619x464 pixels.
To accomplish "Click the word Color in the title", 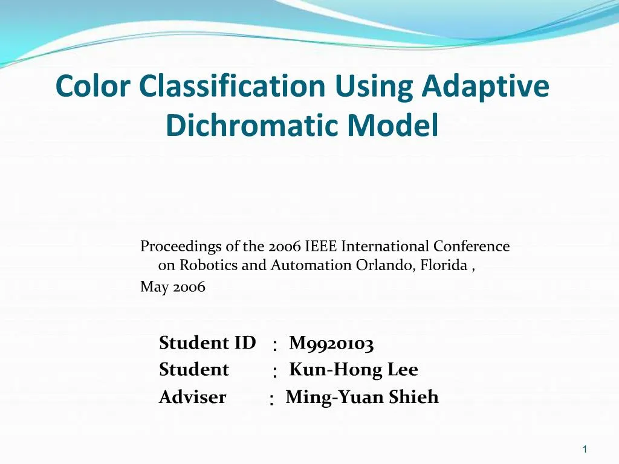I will [92, 86].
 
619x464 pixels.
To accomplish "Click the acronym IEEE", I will [321, 246].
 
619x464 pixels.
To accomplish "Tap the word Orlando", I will [382, 265].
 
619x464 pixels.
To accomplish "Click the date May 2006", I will [173, 287].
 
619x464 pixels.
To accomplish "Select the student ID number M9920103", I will [331, 344].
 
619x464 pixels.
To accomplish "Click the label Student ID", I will [207, 343].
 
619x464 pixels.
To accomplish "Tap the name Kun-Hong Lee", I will [354, 369].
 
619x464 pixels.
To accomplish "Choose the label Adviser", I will [192, 397].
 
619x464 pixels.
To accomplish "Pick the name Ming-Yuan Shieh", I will [361, 397].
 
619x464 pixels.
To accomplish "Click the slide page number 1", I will [585, 449].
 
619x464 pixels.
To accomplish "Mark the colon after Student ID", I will [275, 346].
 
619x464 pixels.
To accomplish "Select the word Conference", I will [472, 246].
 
